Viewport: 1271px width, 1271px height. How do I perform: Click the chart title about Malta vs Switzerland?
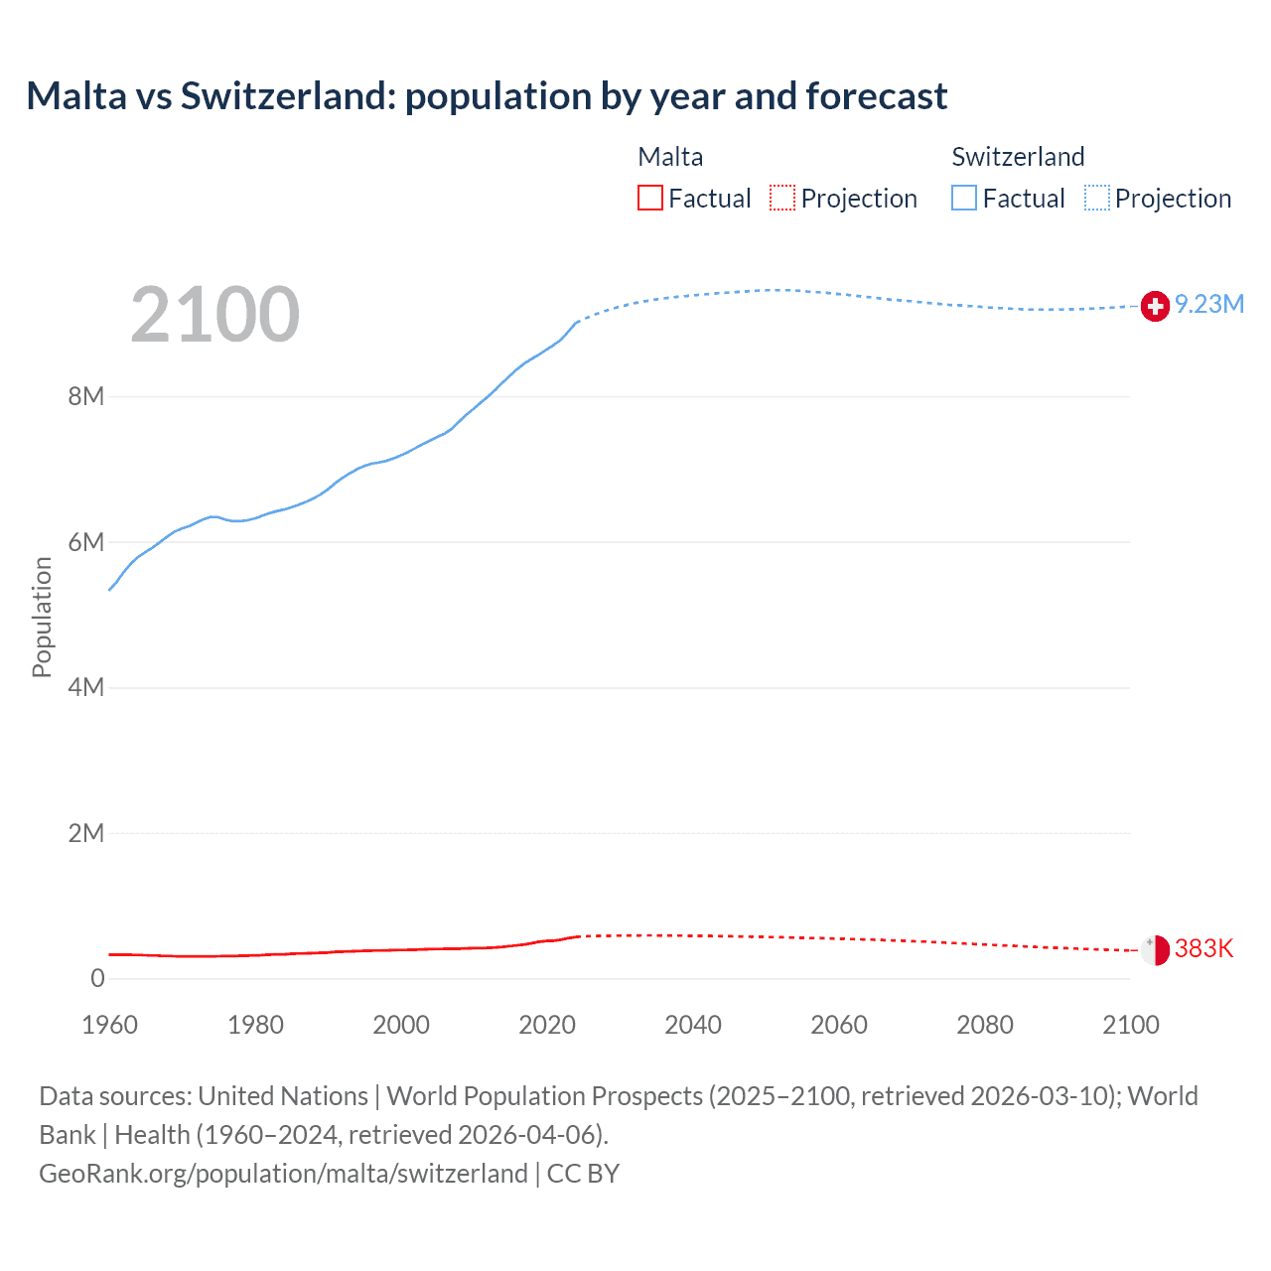click(x=487, y=96)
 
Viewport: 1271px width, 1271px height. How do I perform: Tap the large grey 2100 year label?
click(x=214, y=315)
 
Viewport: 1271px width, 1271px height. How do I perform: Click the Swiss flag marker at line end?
click(x=1155, y=307)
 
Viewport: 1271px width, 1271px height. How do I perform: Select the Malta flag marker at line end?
click(x=1155, y=950)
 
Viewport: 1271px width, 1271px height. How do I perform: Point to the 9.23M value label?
click(x=1209, y=305)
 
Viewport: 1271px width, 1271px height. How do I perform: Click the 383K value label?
click(x=1203, y=949)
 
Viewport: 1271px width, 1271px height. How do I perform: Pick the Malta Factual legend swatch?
click(x=650, y=199)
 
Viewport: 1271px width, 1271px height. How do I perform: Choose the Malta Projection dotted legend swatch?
click(x=782, y=199)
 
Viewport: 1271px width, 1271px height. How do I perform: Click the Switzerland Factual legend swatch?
click(x=964, y=199)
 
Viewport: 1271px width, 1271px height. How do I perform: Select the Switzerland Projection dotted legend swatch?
click(x=1097, y=199)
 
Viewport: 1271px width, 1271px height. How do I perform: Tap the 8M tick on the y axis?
click(x=85, y=397)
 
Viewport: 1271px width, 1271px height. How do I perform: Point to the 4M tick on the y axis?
click(x=85, y=688)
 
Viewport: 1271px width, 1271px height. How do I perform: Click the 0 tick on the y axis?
click(x=97, y=979)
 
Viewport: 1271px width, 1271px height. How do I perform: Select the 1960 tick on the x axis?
click(x=109, y=1025)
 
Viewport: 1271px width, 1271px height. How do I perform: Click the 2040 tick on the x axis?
click(x=693, y=1025)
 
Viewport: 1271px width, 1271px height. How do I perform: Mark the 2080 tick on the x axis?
click(x=985, y=1025)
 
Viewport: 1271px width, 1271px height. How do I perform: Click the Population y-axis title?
click(x=42, y=617)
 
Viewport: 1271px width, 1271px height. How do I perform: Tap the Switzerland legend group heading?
click(x=1018, y=157)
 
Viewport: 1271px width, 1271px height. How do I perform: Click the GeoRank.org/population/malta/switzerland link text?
click(x=283, y=1174)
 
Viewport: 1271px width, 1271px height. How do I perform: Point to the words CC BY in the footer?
click(x=583, y=1174)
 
